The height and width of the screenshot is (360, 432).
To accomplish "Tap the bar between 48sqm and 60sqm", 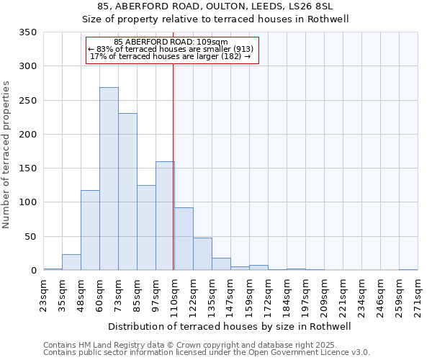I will click(90, 230).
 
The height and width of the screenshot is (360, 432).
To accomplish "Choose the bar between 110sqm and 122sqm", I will click(184, 239).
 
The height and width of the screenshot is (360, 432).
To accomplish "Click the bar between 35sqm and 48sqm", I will click(71, 263).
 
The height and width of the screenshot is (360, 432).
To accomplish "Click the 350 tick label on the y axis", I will click(27, 32).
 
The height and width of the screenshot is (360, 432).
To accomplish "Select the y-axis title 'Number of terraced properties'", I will click(6, 155).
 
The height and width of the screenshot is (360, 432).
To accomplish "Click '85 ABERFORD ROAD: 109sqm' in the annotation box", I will click(171, 42).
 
